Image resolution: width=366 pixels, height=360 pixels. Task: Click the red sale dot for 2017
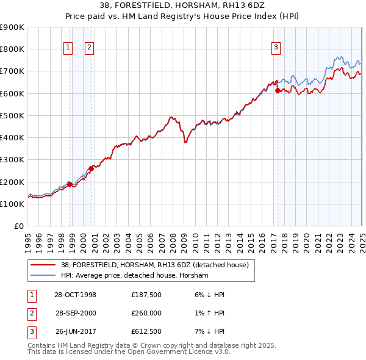(278, 90)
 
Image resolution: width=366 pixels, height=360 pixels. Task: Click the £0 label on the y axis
(18, 226)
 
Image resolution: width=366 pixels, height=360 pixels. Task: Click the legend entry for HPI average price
(134, 276)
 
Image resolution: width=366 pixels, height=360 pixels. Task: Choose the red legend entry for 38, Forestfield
(154, 265)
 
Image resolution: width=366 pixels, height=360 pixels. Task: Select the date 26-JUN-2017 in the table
(76, 333)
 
